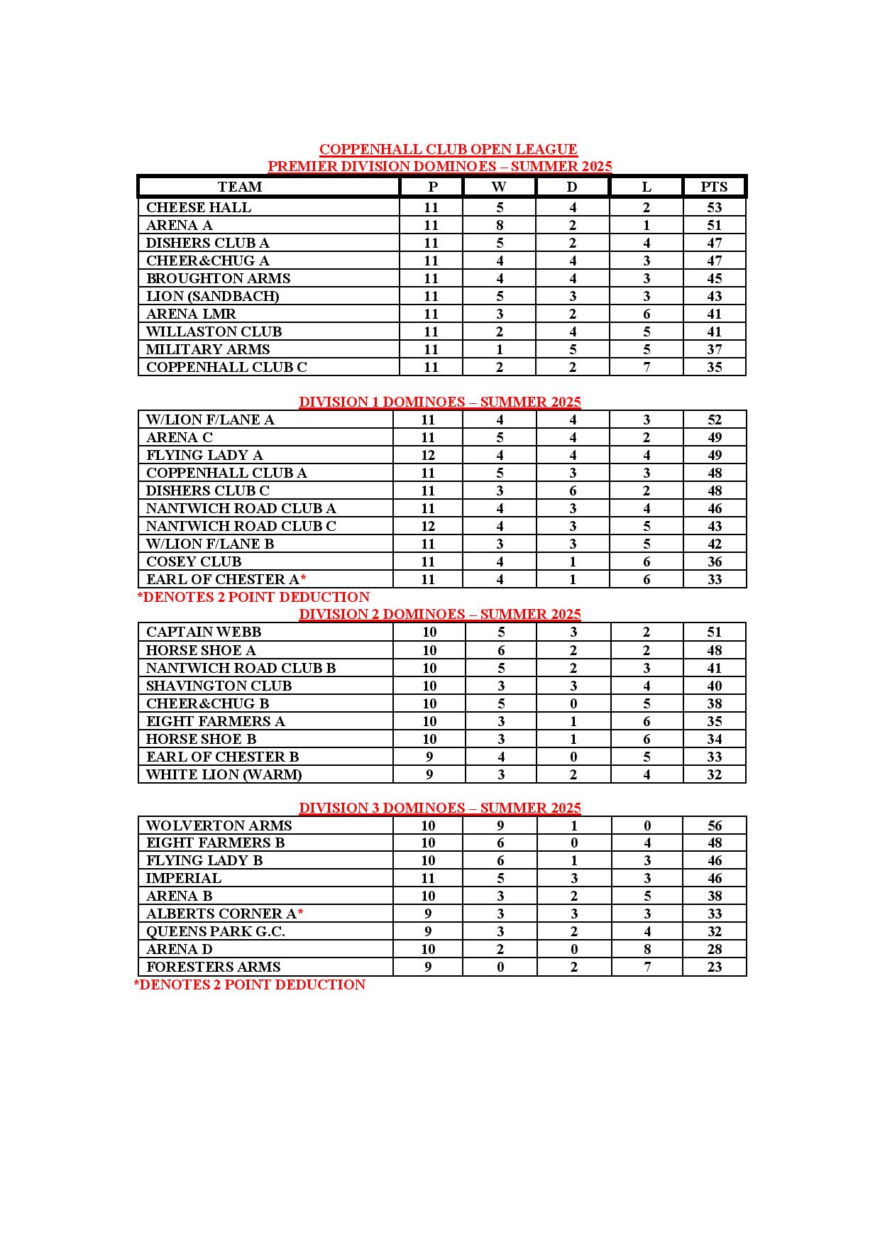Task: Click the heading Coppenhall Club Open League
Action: [448, 149]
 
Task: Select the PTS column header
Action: [714, 187]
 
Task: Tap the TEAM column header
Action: [240, 187]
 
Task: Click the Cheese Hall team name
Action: [199, 207]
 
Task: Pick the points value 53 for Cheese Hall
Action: [714, 207]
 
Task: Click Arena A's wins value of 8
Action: [500, 225]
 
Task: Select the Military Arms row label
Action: [208, 349]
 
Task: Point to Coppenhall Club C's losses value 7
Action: [646, 367]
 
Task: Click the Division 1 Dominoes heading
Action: [439, 402]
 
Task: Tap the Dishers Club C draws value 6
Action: [573, 490]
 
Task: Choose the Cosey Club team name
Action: [194, 561]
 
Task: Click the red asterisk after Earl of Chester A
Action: [303, 578]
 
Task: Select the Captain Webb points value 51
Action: [714, 632]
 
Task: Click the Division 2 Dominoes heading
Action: [439, 614]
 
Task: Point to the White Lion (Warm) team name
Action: [224, 774]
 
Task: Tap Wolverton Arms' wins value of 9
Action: [500, 826]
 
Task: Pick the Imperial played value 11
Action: [428, 878]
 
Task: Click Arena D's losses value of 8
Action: [647, 949]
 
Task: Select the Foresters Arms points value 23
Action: [714, 967]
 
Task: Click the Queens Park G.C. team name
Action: [216, 931]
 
